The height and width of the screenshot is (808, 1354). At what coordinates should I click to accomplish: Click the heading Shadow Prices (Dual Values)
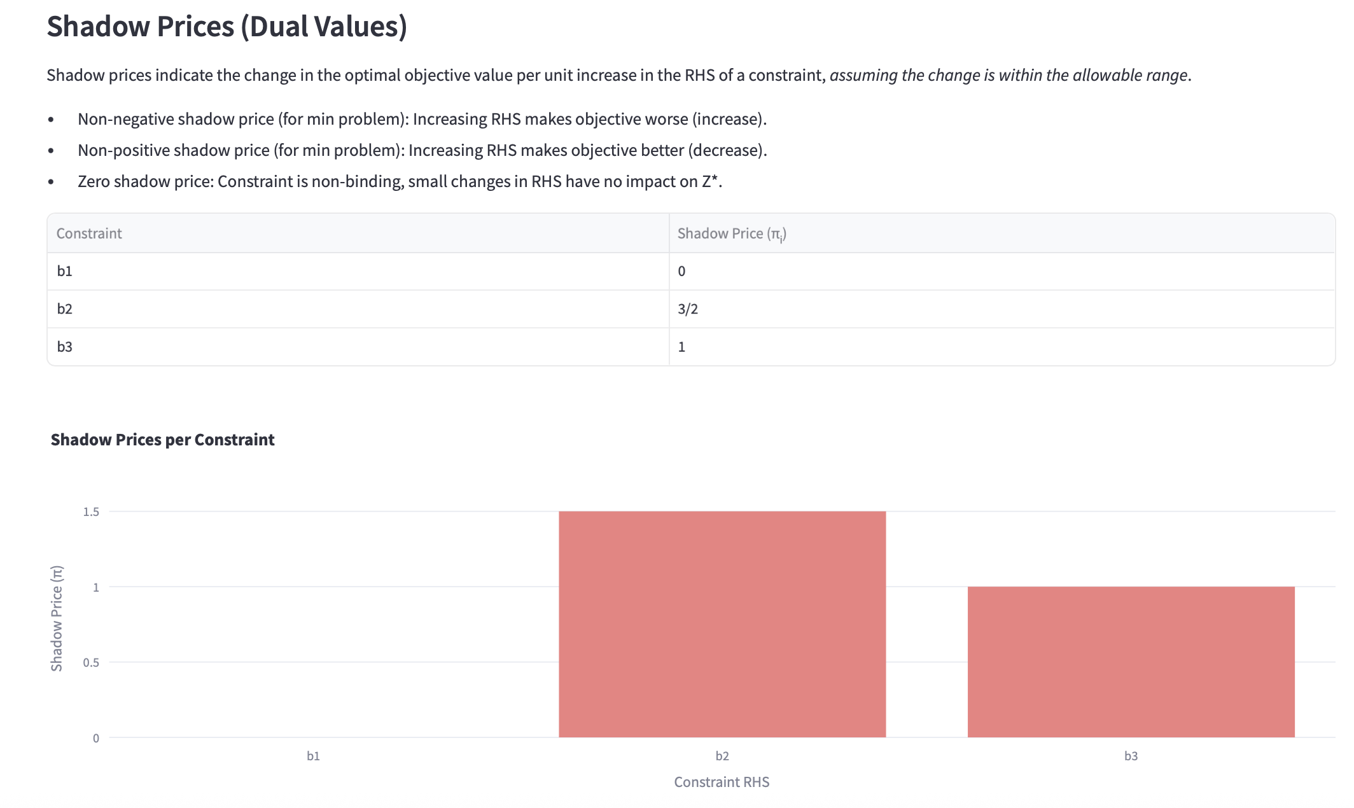pyautogui.click(x=227, y=27)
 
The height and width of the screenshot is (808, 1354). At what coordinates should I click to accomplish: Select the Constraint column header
pyautogui.click(x=89, y=233)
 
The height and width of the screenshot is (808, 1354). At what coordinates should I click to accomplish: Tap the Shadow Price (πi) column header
pyautogui.click(x=732, y=233)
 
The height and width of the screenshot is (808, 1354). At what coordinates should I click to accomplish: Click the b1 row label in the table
pyautogui.click(x=64, y=271)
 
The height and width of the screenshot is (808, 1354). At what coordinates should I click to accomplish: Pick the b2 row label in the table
pyautogui.click(x=64, y=309)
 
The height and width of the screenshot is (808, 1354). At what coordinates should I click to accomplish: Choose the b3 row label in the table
pyautogui.click(x=64, y=347)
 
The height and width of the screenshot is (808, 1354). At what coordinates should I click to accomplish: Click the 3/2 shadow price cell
pyautogui.click(x=688, y=309)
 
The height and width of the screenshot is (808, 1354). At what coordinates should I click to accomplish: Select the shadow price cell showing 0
pyautogui.click(x=681, y=271)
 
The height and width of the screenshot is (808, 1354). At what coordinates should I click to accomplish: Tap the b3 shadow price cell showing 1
pyautogui.click(x=681, y=347)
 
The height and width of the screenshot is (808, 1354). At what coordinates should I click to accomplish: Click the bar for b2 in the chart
pyautogui.click(x=722, y=624)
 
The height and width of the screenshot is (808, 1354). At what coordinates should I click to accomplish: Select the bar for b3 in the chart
pyautogui.click(x=1131, y=662)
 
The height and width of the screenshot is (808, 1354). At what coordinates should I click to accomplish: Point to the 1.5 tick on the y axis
pyautogui.click(x=91, y=512)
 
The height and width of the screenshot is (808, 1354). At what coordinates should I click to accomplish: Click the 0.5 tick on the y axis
pyautogui.click(x=91, y=663)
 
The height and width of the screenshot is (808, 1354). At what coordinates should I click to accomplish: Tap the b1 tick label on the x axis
pyautogui.click(x=313, y=756)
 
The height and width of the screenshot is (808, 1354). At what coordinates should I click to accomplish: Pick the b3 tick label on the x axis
pyautogui.click(x=1131, y=756)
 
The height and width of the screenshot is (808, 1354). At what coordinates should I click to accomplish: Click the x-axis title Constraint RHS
pyautogui.click(x=722, y=782)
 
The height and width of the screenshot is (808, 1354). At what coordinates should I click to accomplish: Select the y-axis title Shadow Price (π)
pyautogui.click(x=57, y=618)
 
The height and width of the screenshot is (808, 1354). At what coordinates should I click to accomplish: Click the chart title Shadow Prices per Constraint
pyautogui.click(x=162, y=440)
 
